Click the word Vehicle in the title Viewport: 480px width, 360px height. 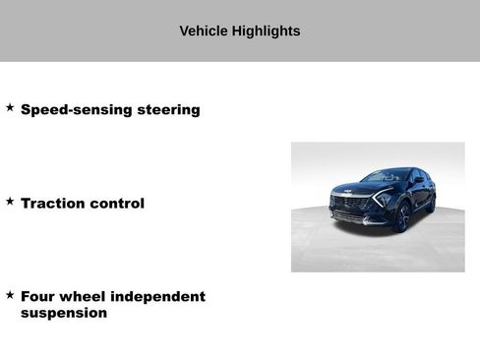point(204,31)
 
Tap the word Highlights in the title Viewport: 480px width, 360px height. point(266,31)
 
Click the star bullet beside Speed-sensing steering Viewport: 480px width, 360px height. point(10,107)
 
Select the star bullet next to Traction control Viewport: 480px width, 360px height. point(10,201)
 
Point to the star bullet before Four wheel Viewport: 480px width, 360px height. point(10,294)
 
